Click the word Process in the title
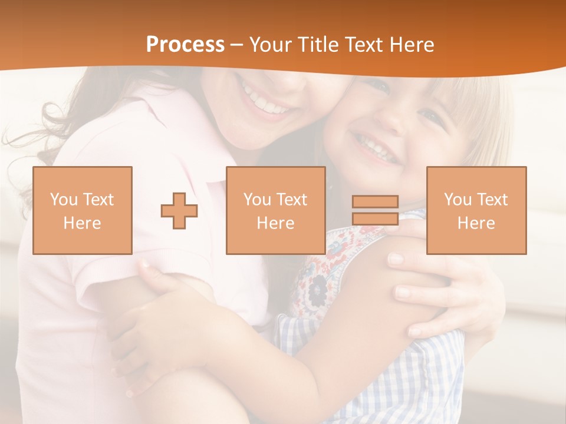pos(185,45)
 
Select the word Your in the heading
pos(272,45)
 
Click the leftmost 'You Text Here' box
pos(83,210)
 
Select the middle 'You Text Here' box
pos(276,210)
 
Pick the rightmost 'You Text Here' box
pos(476,210)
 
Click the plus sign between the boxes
pos(179,211)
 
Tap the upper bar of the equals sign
pos(375,201)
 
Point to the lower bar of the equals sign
pos(375,218)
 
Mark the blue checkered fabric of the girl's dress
pos(413,377)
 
